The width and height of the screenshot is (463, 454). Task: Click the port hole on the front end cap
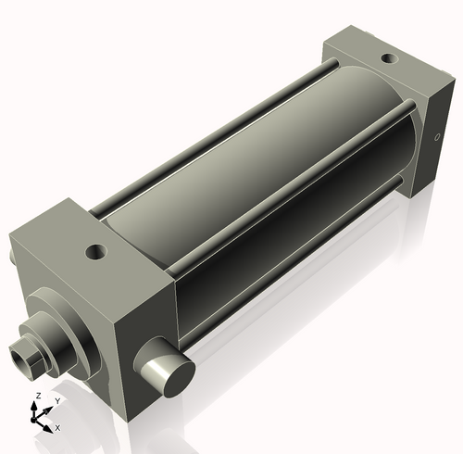pyautogui.click(x=94, y=250)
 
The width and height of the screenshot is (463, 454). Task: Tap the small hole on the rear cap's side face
pyautogui.click(x=437, y=141)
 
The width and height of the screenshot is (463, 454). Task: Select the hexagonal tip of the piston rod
pyautogui.click(x=25, y=356)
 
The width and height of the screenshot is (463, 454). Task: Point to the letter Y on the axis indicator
pyautogui.click(x=57, y=400)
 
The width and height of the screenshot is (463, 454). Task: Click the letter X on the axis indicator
pyautogui.click(x=57, y=428)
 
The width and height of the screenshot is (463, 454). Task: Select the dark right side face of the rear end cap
pyautogui.click(x=436, y=139)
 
